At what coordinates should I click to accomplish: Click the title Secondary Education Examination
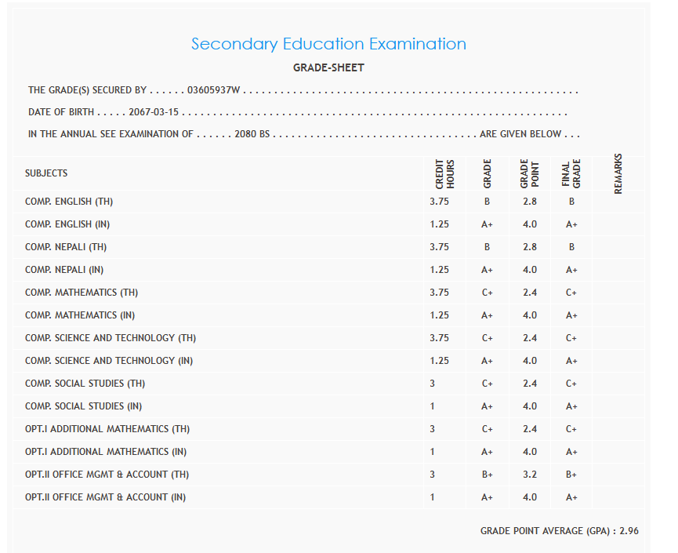(x=328, y=44)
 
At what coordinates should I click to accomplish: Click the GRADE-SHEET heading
(x=328, y=68)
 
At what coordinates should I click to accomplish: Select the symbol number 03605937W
(x=214, y=91)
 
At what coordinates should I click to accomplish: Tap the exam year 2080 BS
(x=252, y=134)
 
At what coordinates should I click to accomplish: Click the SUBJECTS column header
(x=46, y=173)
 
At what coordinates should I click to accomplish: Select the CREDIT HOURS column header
(x=444, y=174)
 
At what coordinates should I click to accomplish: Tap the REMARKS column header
(x=618, y=173)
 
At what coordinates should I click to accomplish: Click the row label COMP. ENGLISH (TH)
(x=69, y=202)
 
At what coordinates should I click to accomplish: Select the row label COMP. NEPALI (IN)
(x=64, y=270)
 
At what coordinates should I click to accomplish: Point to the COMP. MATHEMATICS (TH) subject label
(x=82, y=293)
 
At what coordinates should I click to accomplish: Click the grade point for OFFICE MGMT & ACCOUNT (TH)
(x=530, y=475)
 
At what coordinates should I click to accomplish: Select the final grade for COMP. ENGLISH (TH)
(x=571, y=202)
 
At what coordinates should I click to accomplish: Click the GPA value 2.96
(x=629, y=531)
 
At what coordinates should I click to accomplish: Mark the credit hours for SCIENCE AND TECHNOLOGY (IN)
(x=439, y=361)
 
